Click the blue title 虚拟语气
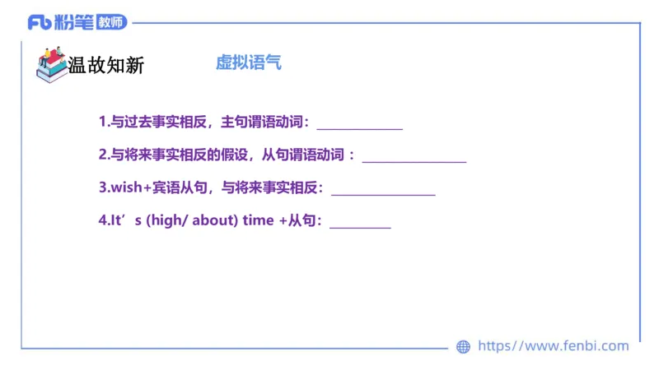248,62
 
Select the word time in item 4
258,221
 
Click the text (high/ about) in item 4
192,221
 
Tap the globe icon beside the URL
463,347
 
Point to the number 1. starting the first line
104,123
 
